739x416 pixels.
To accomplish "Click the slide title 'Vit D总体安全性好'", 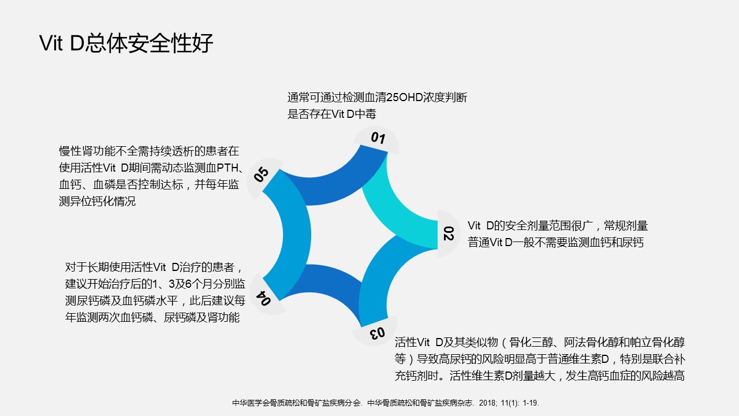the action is point(126,43).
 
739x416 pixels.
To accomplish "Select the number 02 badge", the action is point(449,233).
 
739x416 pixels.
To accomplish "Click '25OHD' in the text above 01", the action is point(405,98).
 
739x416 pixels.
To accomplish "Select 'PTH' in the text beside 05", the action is point(227,168).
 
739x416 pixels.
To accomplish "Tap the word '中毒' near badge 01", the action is point(365,114).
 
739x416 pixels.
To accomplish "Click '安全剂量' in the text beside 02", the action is point(527,226).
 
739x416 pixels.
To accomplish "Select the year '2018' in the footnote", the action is point(487,403).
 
